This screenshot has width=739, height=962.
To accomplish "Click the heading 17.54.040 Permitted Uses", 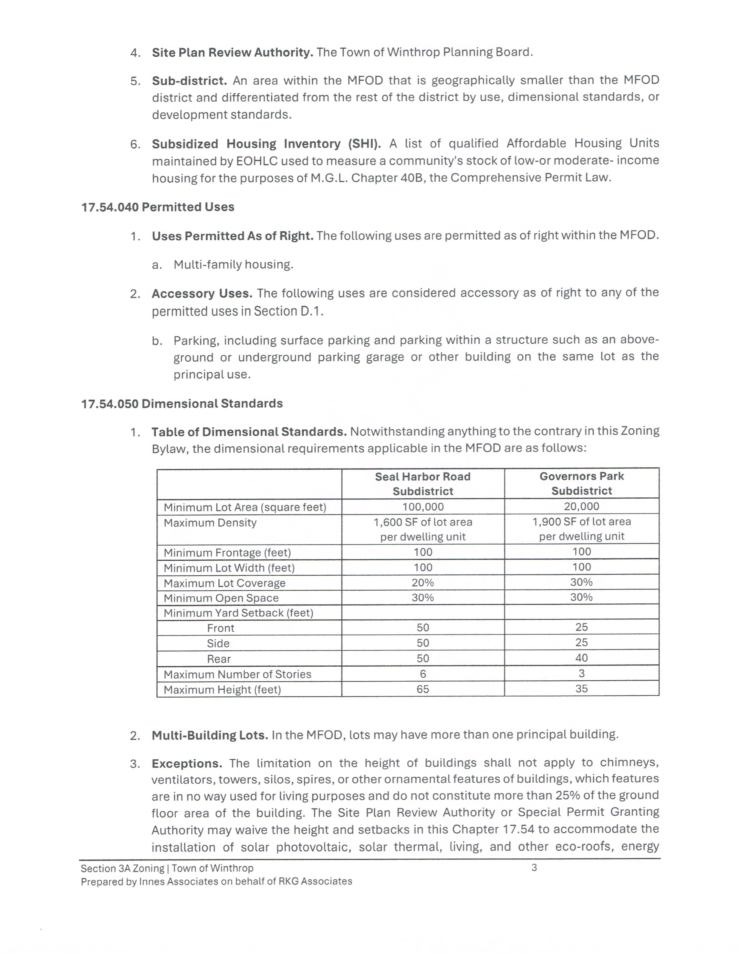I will (157, 207).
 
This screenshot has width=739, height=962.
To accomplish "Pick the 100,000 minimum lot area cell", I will (423, 507).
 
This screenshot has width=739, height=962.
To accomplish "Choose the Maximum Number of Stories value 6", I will (423, 674).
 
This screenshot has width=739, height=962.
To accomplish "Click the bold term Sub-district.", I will (189, 81).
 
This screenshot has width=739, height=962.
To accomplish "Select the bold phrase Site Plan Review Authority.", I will (232, 52).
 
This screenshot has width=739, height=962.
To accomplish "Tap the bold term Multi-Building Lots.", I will (209, 735).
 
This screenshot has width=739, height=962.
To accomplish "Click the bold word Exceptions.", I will (187, 763).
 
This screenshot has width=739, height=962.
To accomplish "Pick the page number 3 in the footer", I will (534, 868).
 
